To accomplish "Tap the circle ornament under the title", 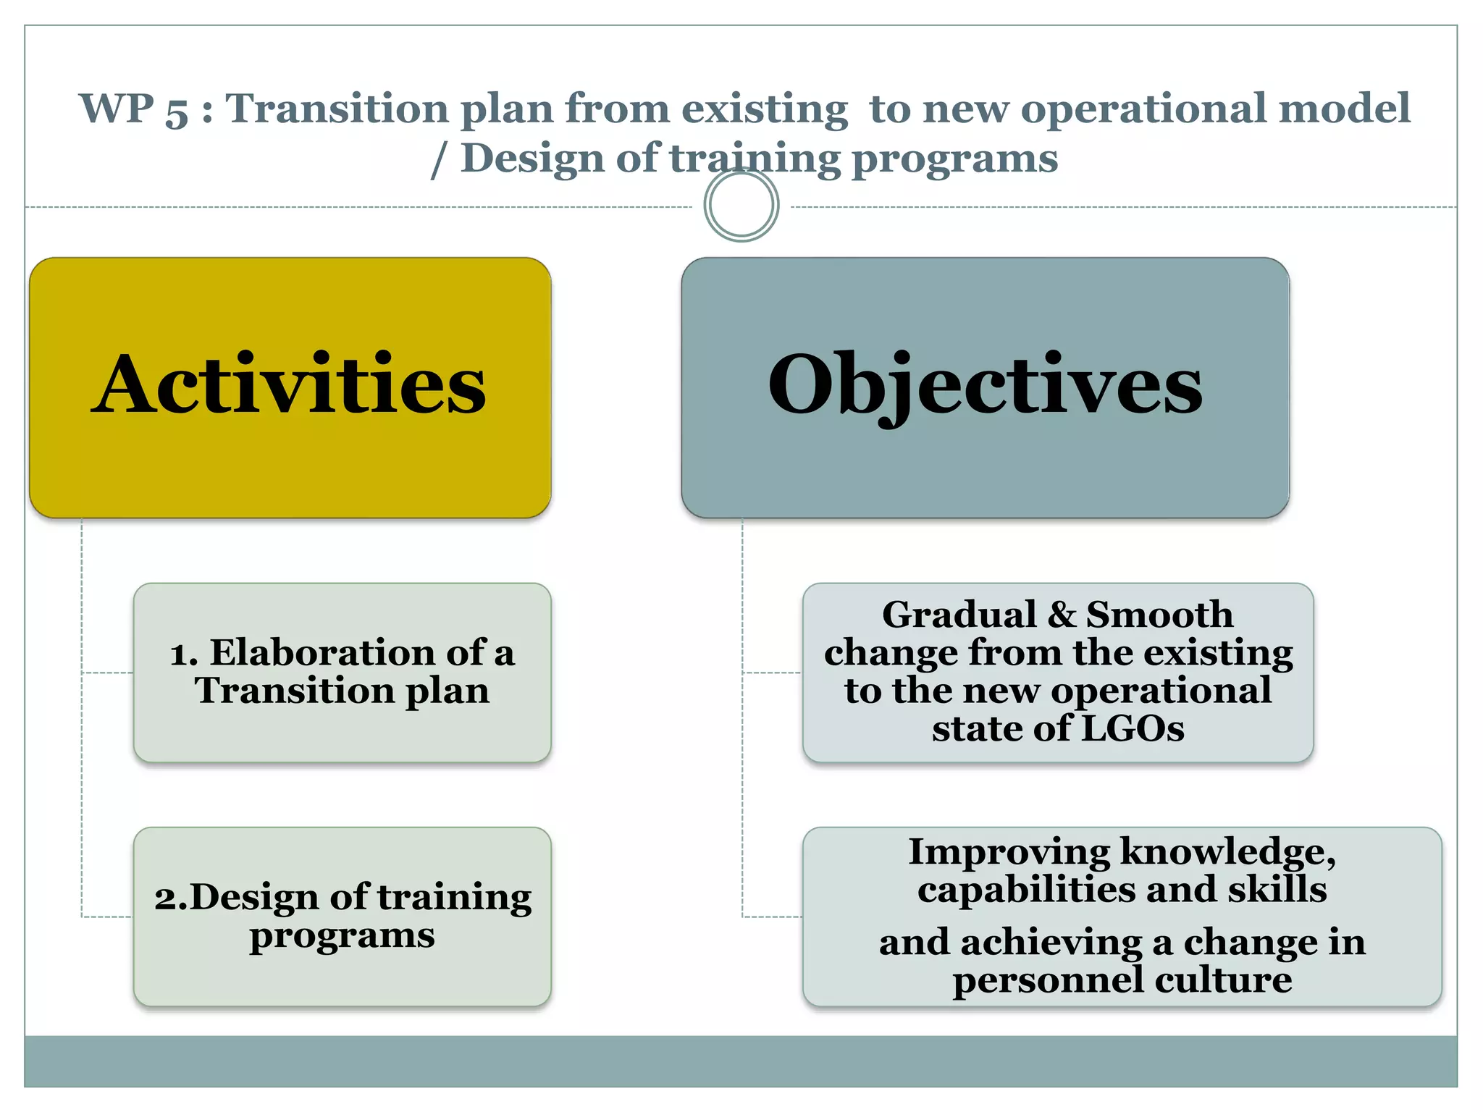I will point(741,205).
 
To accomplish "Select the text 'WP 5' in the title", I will point(134,110).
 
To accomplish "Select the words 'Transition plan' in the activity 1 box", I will point(342,691).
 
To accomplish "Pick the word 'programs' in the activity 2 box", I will point(342,935).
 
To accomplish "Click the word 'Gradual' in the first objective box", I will point(959,615).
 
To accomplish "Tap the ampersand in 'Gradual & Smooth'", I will point(1062,615).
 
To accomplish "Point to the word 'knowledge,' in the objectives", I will point(1228,853).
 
